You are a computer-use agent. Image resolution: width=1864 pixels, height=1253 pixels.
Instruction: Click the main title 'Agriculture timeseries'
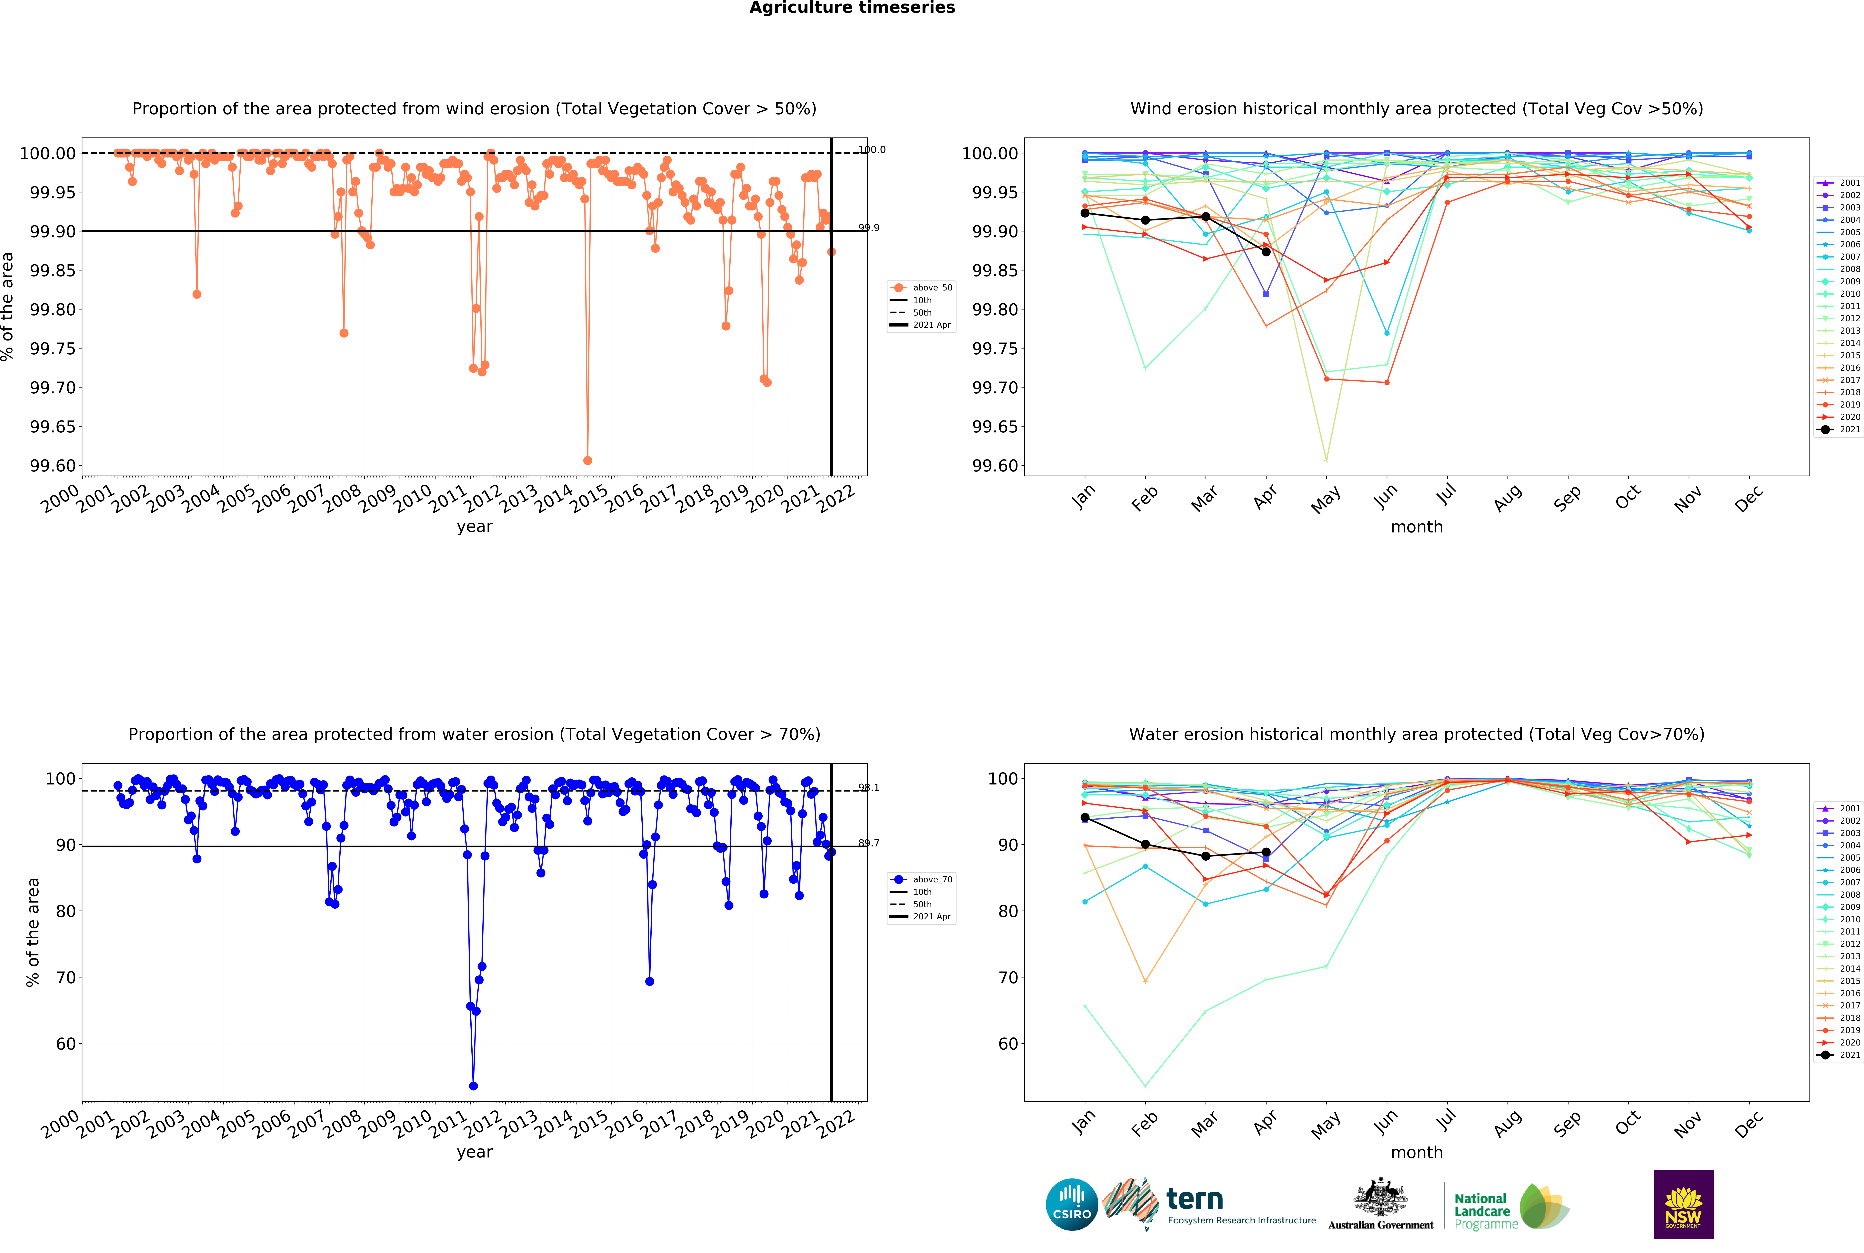852,8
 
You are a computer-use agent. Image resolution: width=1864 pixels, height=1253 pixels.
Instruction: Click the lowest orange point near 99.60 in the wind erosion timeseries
587,460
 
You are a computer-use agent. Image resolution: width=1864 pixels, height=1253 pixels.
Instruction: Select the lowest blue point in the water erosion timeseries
473,1086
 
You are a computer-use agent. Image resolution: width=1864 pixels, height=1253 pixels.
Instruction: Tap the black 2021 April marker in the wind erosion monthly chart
1266,252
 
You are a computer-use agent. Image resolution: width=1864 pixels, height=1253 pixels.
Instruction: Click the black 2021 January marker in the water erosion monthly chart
1084,817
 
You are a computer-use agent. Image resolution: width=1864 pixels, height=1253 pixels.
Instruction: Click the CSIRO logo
1071,1204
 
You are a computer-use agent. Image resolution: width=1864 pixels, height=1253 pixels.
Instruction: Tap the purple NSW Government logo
1683,1204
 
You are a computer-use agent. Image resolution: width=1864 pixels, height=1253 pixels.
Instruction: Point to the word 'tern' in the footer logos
1195,1199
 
